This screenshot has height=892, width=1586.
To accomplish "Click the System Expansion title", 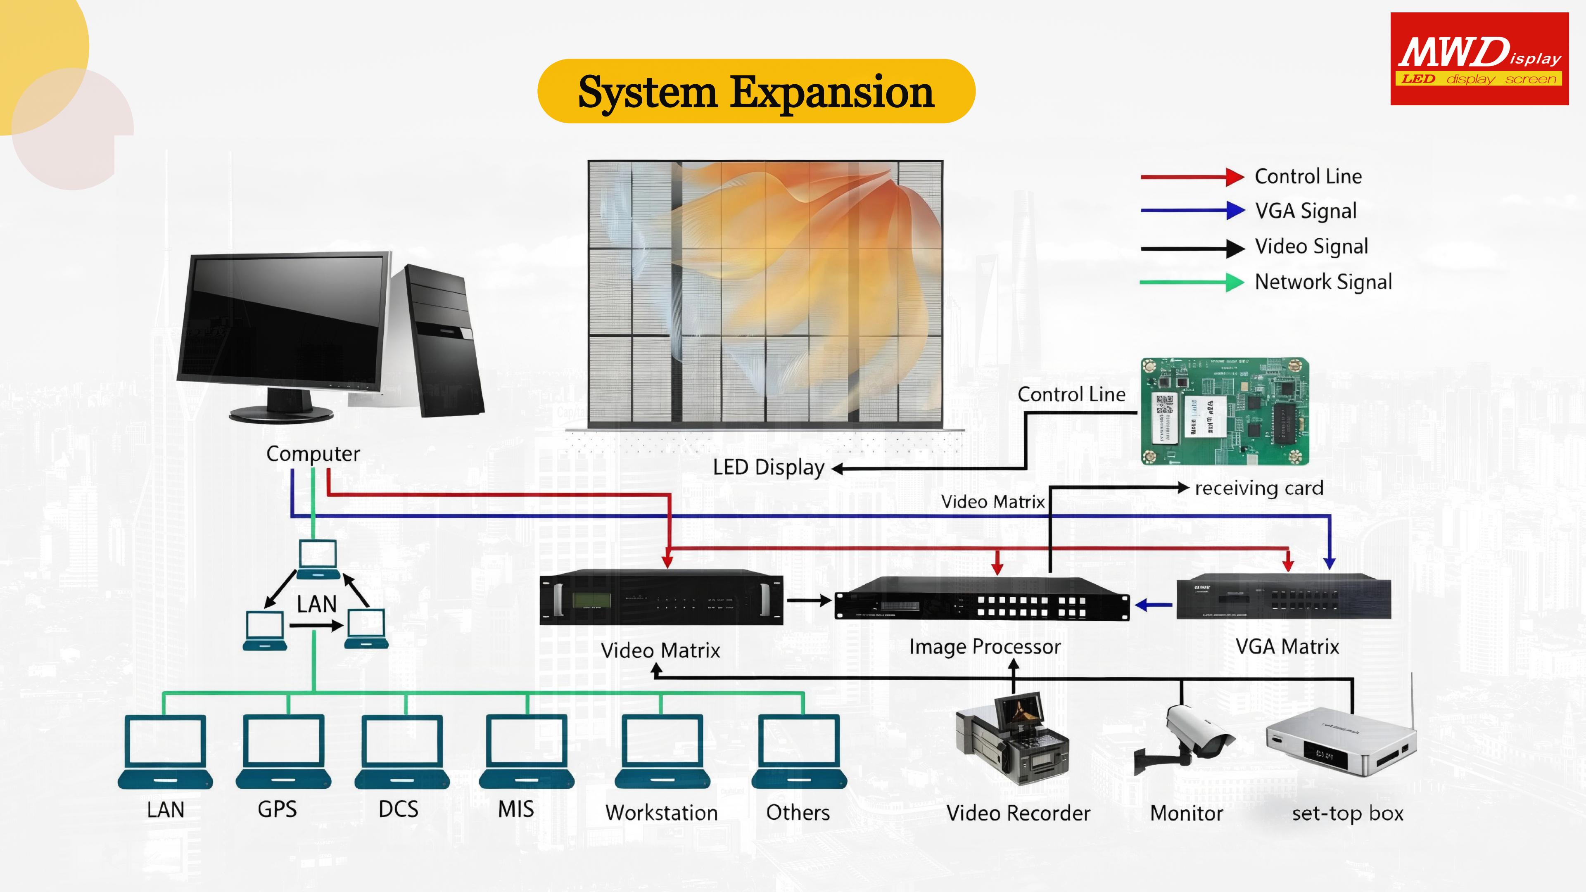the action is pos(756,92).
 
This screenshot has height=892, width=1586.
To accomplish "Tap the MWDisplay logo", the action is pos(1479,59).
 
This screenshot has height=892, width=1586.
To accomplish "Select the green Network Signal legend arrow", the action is pos(1192,282).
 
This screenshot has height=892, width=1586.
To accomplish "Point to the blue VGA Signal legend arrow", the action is pos(1192,211).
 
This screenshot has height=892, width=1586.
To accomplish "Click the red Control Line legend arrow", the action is pos(1192,177).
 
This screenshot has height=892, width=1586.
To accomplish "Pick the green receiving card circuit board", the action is pos(1225,411).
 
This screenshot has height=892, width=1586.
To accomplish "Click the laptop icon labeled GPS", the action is pos(283,752).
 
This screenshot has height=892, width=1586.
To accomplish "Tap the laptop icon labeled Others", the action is pos(799,752).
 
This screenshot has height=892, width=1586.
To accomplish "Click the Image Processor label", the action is pos(985,647).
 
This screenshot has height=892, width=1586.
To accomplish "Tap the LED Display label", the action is pos(768,468).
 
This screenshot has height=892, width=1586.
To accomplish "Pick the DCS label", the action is pos(398,809).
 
